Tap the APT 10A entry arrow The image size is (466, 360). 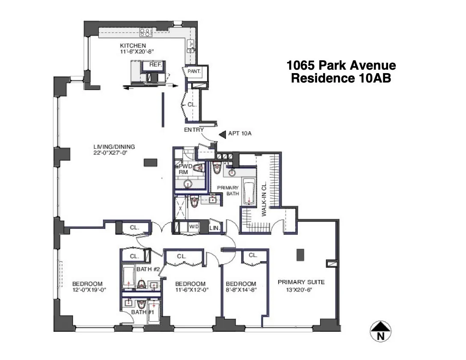[x=222, y=134]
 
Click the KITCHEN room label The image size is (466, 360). [x=133, y=46]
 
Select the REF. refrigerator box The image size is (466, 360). [x=155, y=65]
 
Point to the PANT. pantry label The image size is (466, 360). [x=194, y=72]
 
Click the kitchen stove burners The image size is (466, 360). [x=145, y=32]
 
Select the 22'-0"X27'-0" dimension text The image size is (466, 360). [x=111, y=153]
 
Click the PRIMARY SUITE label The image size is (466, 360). [x=301, y=282]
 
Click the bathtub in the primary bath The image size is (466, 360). [x=249, y=193]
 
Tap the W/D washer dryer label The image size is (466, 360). [x=194, y=227]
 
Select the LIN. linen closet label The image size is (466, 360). [x=214, y=229]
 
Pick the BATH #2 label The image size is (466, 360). [x=148, y=269]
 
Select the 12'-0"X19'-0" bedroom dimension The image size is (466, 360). [x=89, y=290]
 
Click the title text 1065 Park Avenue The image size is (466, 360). [x=341, y=66]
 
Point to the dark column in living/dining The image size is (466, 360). [x=150, y=162]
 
